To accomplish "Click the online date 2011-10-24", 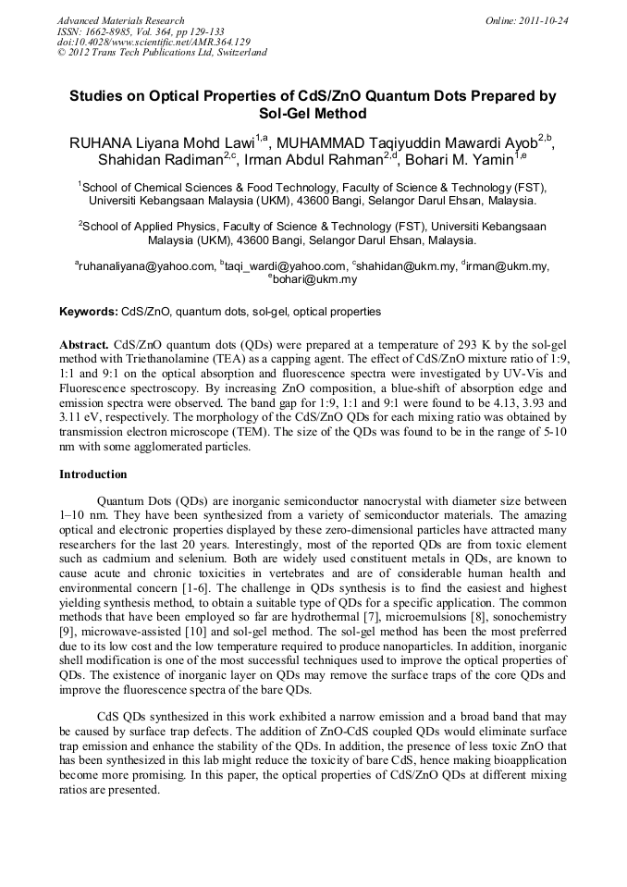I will (543, 20).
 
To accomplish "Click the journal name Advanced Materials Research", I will (120, 20).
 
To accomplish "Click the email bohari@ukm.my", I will (315, 279).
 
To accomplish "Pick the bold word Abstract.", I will (84, 343).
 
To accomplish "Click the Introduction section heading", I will (93, 474).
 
